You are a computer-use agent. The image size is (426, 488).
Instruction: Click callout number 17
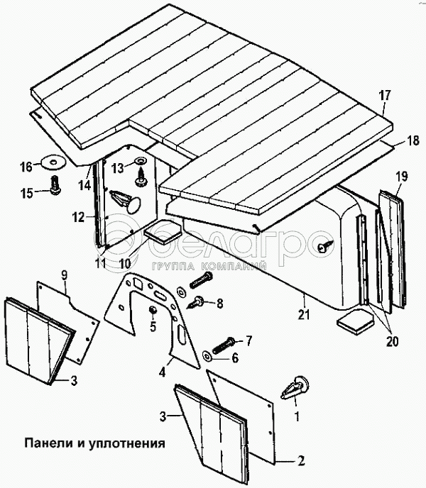coord(385,95)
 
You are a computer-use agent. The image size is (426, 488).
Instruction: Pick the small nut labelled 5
coord(152,311)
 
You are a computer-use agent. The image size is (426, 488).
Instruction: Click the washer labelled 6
coord(206,352)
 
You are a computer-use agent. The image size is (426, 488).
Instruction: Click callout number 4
coord(163,370)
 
